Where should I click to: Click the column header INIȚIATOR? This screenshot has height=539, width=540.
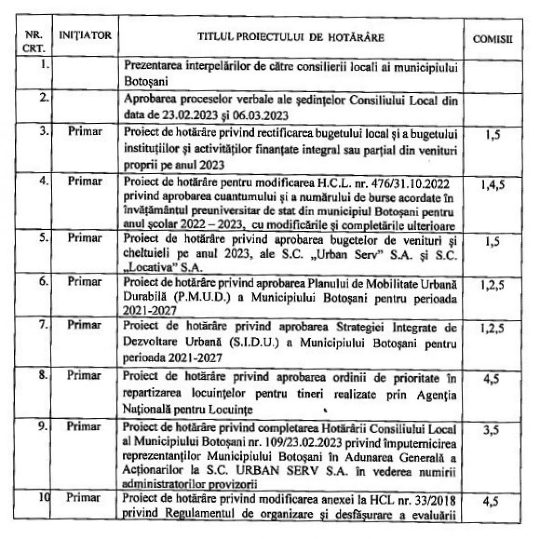[85, 36]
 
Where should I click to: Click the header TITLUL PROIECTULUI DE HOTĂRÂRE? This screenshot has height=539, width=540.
[291, 37]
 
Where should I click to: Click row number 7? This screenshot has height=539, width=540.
[43, 324]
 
